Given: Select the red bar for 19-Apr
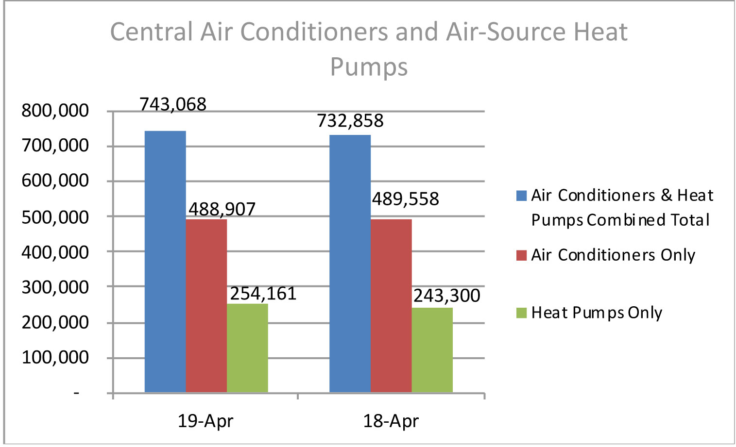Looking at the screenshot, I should [206, 305].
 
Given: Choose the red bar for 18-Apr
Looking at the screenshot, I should [391, 305].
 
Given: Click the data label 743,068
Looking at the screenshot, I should [173, 104].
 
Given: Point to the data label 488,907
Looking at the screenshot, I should [222, 209].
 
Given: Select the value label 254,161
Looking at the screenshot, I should [263, 294].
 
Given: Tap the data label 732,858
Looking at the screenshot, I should [350, 121].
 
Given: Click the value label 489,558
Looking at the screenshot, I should [406, 199].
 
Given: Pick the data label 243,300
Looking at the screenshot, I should [446, 296].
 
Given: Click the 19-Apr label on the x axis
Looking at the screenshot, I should [205, 421].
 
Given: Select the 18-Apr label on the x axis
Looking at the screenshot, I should [391, 421].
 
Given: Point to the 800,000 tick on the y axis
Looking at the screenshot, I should [55, 111].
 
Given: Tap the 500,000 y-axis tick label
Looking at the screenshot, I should [55, 217].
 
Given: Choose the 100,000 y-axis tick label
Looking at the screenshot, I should [55, 358].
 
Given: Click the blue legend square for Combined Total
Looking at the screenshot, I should [521, 196].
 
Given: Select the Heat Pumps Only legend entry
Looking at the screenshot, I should [597, 313].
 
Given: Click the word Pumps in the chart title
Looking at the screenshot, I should [369, 67].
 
